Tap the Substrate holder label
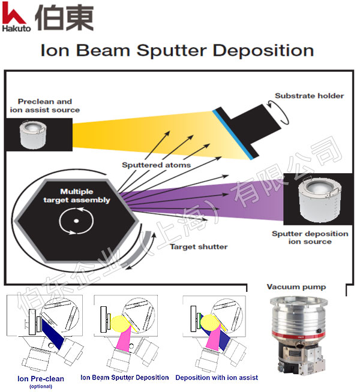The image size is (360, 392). (x=309, y=96)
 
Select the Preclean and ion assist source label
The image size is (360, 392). (x=44, y=105)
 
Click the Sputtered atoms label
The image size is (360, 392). (x=156, y=165)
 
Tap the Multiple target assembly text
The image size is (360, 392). (x=76, y=196)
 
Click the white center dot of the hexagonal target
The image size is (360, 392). (x=76, y=221)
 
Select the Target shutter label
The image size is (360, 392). (x=198, y=246)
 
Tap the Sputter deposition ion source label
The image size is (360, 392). (x=310, y=237)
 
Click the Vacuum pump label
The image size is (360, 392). (x=296, y=287)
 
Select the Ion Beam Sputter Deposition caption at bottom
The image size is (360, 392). (x=125, y=378)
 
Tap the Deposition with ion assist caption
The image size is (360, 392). (x=217, y=378)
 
